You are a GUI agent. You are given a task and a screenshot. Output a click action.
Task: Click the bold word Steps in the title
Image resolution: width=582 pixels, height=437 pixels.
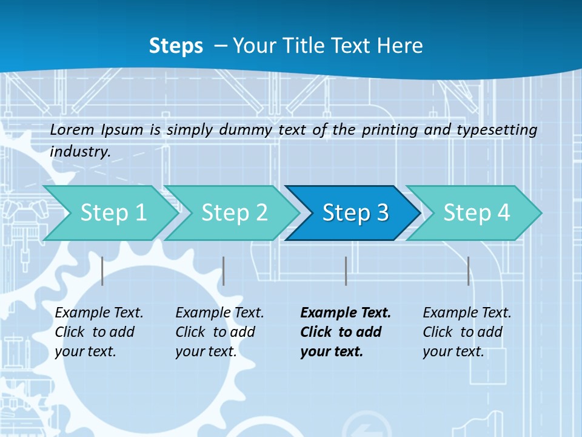[x=176, y=46]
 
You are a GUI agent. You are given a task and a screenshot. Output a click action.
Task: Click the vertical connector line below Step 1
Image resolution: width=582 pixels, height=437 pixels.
[x=102, y=271]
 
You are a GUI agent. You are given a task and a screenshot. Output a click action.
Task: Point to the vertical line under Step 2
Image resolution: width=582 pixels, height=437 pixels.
[x=224, y=271]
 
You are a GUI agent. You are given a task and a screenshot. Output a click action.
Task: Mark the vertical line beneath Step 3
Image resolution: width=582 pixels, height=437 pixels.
[x=346, y=271]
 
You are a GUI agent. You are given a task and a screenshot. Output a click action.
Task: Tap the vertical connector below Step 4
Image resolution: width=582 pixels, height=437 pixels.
[x=468, y=271]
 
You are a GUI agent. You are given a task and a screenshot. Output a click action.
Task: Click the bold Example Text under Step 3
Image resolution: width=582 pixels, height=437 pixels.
[x=346, y=313]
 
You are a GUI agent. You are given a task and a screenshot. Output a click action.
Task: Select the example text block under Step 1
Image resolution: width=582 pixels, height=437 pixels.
[x=99, y=332]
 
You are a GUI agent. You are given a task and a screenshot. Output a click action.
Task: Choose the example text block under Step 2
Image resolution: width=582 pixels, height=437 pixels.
[x=219, y=332]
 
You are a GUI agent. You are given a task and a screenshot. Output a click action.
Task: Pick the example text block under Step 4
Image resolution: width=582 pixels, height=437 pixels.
[x=467, y=332]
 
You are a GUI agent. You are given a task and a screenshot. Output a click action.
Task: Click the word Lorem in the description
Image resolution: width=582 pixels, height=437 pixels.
[x=72, y=129]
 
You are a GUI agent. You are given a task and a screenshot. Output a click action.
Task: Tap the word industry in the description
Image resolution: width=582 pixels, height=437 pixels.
[x=79, y=151]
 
